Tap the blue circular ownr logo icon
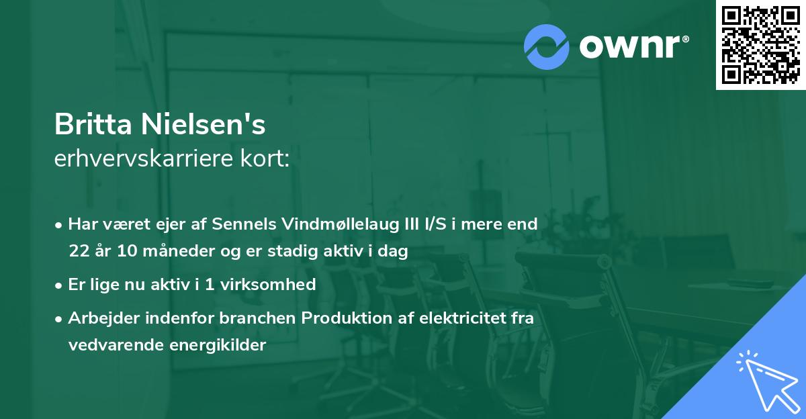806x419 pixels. pos(547,47)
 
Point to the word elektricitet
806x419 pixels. pos(455,318)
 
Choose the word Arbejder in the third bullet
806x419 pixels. pos(99,318)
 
